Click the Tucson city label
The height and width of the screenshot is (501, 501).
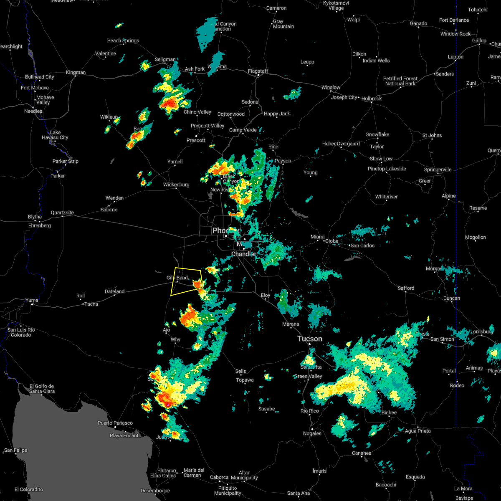(310, 339)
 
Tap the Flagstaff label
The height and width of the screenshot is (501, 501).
(258, 71)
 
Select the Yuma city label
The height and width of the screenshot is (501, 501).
(32, 300)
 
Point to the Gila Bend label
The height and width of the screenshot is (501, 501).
(177, 278)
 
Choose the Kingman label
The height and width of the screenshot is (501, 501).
(76, 73)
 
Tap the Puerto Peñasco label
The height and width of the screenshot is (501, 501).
(115, 423)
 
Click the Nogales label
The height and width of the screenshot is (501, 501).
(312, 433)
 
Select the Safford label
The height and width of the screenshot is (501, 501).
(406, 288)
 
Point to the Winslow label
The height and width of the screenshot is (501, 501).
(331, 87)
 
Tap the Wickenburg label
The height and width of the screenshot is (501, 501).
(176, 185)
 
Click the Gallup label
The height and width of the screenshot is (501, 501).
(479, 40)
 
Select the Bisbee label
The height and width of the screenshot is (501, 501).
(388, 412)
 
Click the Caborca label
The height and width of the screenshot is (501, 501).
(219, 477)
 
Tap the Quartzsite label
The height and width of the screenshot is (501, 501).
(62, 213)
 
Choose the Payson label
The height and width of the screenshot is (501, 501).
(283, 161)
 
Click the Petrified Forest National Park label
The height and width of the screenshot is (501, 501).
(400, 81)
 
